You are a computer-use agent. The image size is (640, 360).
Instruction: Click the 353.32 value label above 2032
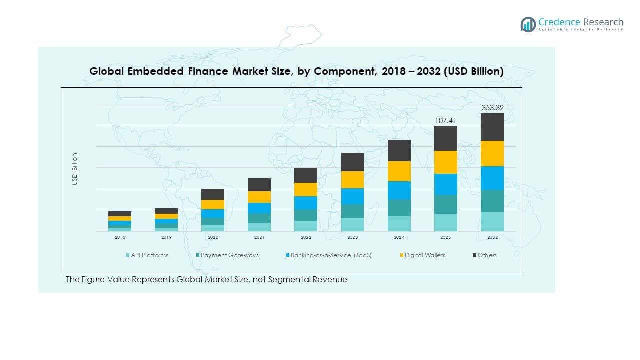(x=492, y=108)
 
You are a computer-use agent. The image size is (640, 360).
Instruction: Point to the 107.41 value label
(x=445, y=121)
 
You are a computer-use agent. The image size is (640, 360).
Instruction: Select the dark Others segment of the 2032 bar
(x=492, y=127)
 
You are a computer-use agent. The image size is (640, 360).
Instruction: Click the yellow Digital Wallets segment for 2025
(x=445, y=162)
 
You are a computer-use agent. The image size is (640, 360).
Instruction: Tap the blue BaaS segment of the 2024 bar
(x=399, y=190)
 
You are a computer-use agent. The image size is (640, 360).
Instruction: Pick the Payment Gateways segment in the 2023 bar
(x=353, y=211)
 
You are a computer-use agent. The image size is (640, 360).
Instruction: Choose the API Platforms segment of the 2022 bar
(x=306, y=226)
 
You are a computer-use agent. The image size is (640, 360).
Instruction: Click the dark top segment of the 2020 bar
(x=213, y=194)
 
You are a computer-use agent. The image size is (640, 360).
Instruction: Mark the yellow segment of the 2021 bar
(x=259, y=197)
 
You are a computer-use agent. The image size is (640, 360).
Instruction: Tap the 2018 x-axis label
(x=120, y=238)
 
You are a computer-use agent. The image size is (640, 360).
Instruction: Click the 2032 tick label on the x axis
(x=492, y=238)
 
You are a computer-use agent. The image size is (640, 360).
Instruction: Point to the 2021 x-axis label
(x=259, y=238)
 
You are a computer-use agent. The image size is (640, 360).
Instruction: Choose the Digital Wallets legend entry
(x=424, y=255)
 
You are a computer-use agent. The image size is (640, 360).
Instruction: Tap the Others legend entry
(x=487, y=255)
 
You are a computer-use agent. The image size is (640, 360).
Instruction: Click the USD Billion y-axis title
(x=75, y=169)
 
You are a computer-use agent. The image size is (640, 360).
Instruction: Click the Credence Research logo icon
(x=528, y=24)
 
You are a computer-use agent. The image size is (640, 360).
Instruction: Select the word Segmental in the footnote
(x=289, y=279)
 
